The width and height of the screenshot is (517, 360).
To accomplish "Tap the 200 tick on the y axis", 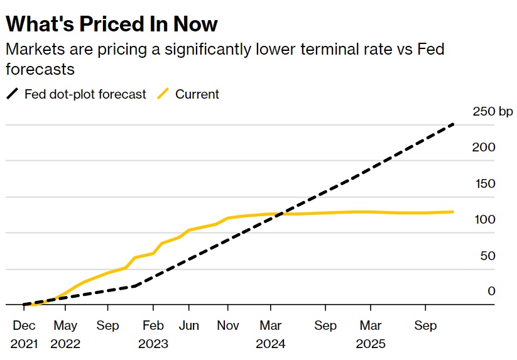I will pyautogui.click(x=484, y=148).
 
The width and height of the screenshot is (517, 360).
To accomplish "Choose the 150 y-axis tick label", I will pyautogui.click(x=484, y=183).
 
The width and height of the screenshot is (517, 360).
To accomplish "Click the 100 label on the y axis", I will pyautogui.click(x=484, y=219).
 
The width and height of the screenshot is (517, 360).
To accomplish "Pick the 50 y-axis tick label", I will pyautogui.click(x=487, y=255).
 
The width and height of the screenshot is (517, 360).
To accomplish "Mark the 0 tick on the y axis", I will pyautogui.click(x=491, y=291).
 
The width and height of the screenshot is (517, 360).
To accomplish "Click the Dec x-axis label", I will pyautogui.click(x=24, y=325).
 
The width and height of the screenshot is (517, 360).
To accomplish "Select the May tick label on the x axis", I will pyautogui.click(x=65, y=325).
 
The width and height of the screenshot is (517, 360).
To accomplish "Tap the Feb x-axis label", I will pyautogui.click(x=153, y=325).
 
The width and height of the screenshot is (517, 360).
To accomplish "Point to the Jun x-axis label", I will pyautogui.click(x=188, y=325).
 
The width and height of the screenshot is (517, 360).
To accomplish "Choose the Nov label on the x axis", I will pyautogui.click(x=227, y=325).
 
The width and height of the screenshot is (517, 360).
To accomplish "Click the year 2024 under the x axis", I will pyautogui.click(x=271, y=344).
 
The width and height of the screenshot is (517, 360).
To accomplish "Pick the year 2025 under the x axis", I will pyautogui.click(x=370, y=344).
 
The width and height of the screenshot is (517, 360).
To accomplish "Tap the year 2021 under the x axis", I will pyautogui.click(x=24, y=344).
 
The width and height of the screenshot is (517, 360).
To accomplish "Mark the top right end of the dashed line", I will pyautogui.click(x=454, y=124).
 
